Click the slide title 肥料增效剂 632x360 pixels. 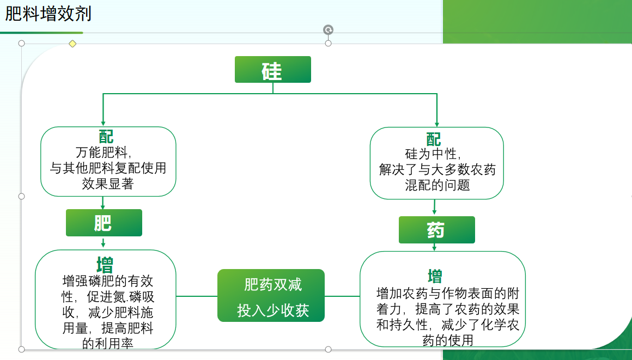(48, 14)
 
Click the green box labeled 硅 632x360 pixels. (272, 70)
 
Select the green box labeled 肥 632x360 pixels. (104, 223)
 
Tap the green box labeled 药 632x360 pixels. (436, 230)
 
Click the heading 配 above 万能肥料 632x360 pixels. (106, 136)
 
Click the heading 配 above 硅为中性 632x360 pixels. (434, 139)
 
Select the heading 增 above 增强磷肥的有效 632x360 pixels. (105, 266)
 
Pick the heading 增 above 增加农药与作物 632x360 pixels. (435, 276)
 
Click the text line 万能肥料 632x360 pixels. (107, 152)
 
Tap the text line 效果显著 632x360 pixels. (107, 184)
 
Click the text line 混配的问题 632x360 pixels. (437, 185)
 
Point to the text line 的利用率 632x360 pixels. (107, 344)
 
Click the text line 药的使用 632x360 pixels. (447, 341)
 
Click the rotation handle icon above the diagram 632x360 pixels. (328, 30)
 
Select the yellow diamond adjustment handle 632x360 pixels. (72, 44)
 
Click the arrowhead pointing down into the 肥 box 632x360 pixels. (103, 206)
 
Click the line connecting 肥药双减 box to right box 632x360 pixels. (342, 296)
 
